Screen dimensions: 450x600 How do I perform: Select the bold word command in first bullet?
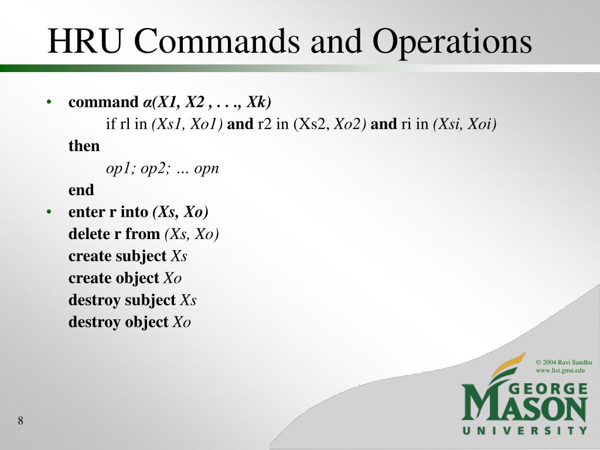[102, 103]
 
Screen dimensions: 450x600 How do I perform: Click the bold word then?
[84, 146]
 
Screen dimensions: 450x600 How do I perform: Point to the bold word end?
[81, 190]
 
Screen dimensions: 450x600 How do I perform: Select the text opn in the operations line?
[206, 169]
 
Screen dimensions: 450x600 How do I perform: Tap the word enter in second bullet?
[86, 212]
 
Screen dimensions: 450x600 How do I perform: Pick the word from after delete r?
[142, 234]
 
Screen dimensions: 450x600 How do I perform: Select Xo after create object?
[172, 278]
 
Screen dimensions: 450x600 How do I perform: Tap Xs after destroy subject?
[188, 300]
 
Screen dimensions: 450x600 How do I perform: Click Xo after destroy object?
[182, 322]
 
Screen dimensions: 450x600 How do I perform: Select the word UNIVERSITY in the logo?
[524, 431]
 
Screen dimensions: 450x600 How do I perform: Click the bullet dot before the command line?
[50, 103]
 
